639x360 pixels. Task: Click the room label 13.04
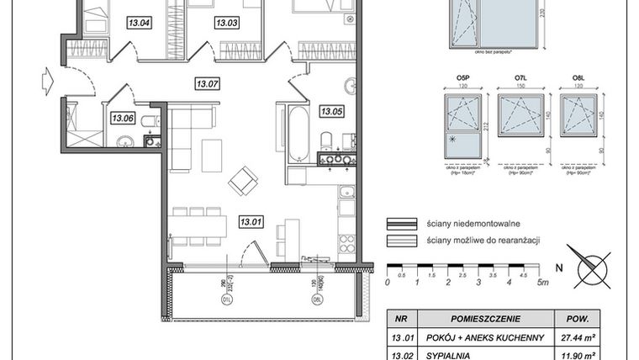tap(139, 23)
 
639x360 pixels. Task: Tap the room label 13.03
tap(227, 23)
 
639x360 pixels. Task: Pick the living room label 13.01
tap(251, 223)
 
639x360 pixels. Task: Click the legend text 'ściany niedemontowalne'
tap(466, 224)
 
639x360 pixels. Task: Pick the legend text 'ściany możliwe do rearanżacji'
tap(480, 240)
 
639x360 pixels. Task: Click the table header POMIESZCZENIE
tap(487, 319)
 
